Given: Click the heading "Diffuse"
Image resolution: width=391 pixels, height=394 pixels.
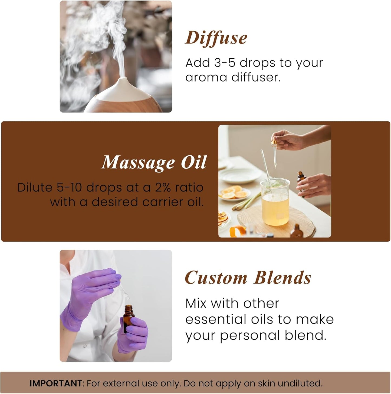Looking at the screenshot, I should (x=216, y=38).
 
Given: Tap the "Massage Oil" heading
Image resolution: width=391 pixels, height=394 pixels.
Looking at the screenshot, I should (x=154, y=163).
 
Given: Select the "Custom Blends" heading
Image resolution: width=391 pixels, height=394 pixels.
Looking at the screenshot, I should (x=248, y=278).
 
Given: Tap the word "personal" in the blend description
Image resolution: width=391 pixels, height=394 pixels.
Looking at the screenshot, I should (x=250, y=335).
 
